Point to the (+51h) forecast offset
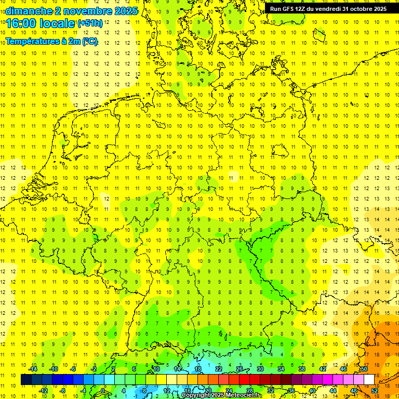[x=90, y=23]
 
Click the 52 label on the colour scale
[x=375, y=390]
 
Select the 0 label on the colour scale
[x=103, y=390]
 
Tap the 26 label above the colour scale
[x=240, y=369]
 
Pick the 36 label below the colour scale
[x=291, y=390]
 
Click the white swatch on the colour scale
[x=369, y=380]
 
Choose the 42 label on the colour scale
[x=323, y=369]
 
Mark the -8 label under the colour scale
[x=63, y=390]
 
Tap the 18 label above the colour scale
[x=198, y=369]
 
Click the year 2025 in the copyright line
[x=216, y=395]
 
